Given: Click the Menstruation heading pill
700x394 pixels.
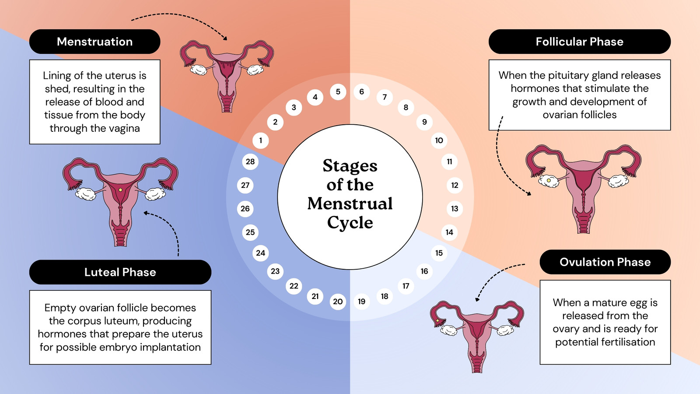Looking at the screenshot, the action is coord(94,42).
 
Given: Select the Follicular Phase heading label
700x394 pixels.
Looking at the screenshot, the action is coord(580,42).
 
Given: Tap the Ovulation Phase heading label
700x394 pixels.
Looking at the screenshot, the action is coord(605,262).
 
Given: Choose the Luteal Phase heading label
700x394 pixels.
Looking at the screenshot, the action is coord(120,272).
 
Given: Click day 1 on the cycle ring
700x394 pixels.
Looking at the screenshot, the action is coord(261,141).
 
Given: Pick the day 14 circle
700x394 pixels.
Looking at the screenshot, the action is coord(449,232).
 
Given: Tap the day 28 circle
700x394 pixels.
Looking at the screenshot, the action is coord(250,162).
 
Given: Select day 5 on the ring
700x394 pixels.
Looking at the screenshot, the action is coord(338,92).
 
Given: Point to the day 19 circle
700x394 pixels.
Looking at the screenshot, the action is coord(361,302).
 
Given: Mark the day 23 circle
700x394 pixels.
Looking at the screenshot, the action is coord(275,271).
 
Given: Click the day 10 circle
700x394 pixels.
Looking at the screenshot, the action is coord(439,141).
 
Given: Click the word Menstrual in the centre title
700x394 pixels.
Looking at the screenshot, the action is coord(350,204).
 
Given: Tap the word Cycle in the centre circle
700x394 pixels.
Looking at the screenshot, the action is coord(350,223).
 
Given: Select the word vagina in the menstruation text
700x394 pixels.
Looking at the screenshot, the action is coord(124,128).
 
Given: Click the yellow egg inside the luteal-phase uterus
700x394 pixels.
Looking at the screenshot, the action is coord(121,190).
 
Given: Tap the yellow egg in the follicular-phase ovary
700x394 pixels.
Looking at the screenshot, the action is coord(549,180).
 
